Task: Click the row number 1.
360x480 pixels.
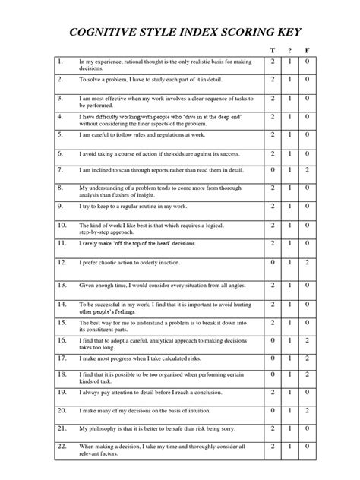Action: point(59,60)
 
